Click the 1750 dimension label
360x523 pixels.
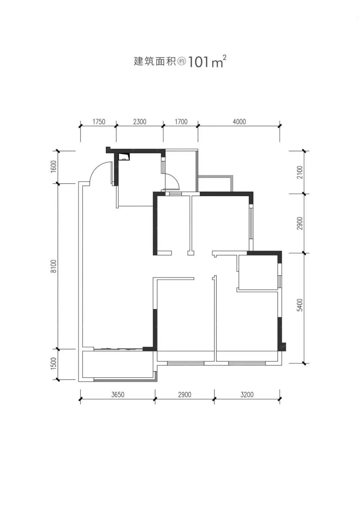[99, 122]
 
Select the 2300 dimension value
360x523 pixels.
[140, 122]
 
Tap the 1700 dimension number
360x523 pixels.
[181, 122]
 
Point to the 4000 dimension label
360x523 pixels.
[239, 122]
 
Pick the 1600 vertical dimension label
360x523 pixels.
[53, 166]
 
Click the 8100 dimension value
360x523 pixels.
[53, 266]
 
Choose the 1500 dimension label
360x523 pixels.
[53, 363]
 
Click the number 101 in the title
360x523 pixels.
[199, 62]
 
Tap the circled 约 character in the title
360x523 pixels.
[182, 62]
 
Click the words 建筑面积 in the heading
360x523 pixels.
[155, 61]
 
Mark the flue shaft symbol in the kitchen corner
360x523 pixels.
[124, 156]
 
